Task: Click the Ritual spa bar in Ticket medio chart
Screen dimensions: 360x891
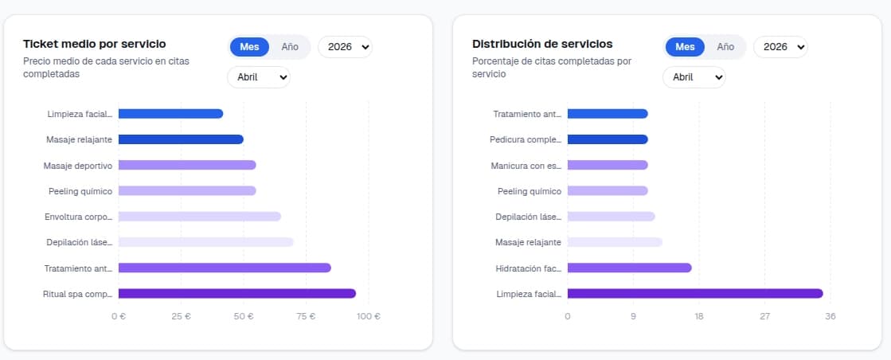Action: tap(236, 294)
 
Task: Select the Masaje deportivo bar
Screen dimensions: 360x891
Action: tap(187, 165)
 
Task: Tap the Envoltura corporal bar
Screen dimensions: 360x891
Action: tap(199, 217)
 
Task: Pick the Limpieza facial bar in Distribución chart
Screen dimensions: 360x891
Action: tap(694, 294)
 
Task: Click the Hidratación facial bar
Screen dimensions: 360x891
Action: tap(629, 268)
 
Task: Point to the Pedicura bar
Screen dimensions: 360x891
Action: tap(607, 139)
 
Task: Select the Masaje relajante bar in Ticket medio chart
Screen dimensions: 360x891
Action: tap(181, 139)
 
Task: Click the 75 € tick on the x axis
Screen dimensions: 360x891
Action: tap(306, 316)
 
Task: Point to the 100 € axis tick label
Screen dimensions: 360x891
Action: tap(368, 316)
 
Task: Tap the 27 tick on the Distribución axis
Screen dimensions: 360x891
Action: tap(764, 316)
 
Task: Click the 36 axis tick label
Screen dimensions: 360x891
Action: tap(830, 316)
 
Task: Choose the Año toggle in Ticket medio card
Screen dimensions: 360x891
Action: tap(290, 47)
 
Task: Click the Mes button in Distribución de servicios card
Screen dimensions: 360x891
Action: tap(685, 47)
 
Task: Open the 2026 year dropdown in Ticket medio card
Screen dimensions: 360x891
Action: tap(345, 47)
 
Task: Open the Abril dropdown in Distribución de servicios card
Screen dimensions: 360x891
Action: tap(694, 77)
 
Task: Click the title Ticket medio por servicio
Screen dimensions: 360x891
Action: tap(95, 44)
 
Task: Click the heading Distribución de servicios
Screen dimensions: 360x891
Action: tap(542, 44)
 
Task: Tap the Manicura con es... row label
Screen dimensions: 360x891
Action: tap(526, 166)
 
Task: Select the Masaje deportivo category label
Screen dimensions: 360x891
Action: tap(78, 166)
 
